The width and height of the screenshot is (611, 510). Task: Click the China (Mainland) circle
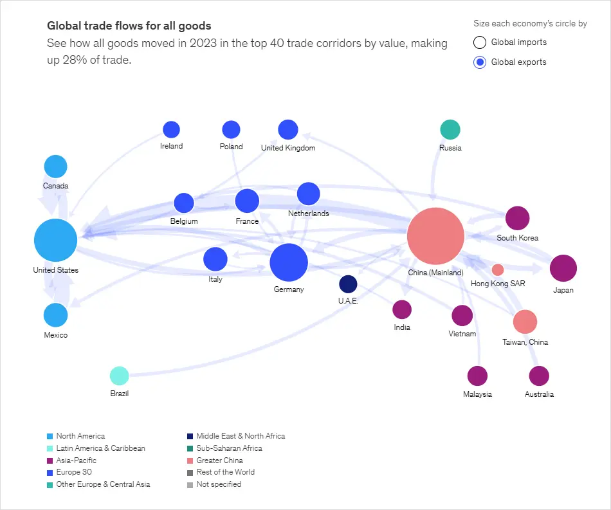click(x=435, y=236)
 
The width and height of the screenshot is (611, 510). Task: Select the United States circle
click(x=56, y=241)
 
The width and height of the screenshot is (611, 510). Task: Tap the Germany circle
click(x=289, y=262)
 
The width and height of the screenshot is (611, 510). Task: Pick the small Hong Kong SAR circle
click(x=498, y=269)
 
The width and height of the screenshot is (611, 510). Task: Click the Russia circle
click(x=450, y=129)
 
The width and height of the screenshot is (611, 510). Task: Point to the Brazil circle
click(x=119, y=376)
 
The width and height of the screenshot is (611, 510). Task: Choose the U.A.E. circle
click(x=348, y=284)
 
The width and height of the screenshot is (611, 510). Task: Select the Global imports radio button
click(x=479, y=42)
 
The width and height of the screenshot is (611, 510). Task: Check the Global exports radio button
click(x=479, y=62)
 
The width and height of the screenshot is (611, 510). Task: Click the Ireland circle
click(x=171, y=129)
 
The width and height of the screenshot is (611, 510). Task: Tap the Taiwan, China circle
click(x=525, y=322)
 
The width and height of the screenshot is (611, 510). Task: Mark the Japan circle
click(x=563, y=269)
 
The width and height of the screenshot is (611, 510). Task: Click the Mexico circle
click(x=56, y=315)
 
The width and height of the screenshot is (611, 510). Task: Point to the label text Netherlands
click(x=308, y=214)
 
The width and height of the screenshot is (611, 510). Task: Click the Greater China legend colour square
click(x=190, y=460)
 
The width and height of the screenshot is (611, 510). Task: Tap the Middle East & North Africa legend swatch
click(x=190, y=436)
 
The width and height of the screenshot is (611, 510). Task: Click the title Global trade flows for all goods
click(x=129, y=26)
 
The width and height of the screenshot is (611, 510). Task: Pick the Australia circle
click(x=538, y=376)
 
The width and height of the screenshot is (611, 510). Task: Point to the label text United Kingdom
click(x=288, y=148)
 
